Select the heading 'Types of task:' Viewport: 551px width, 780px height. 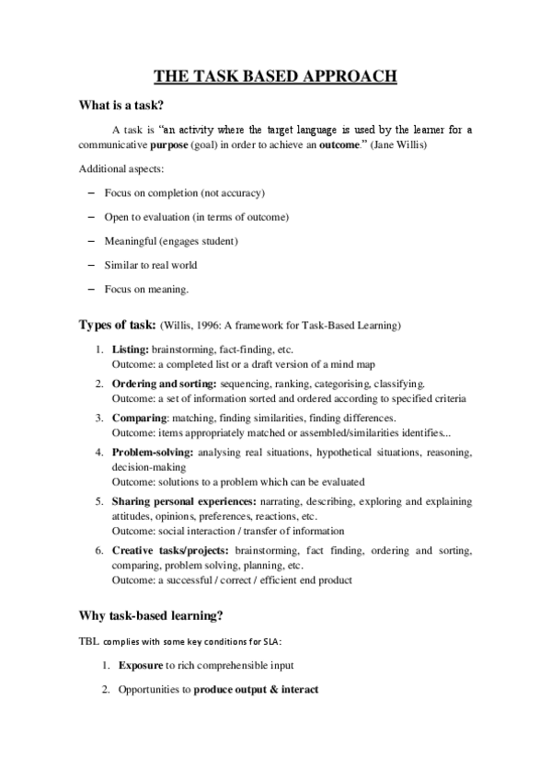pyautogui.click(x=116, y=326)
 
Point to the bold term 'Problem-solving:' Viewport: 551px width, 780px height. pyautogui.click(x=152, y=453)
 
